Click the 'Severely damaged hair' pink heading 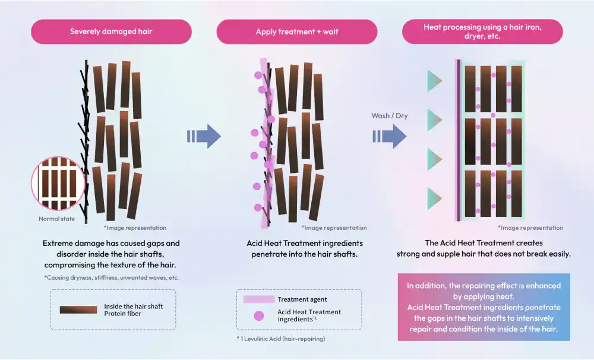click(x=111, y=31)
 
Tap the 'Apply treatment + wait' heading click(x=297, y=31)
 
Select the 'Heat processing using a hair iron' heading click(x=482, y=31)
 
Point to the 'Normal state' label click(x=57, y=219)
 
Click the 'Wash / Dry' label click(x=390, y=115)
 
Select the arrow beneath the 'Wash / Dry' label click(x=390, y=136)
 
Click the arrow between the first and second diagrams click(x=204, y=136)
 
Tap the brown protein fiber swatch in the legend click(x=78, y=310)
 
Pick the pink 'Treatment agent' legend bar click(x=259, y=299)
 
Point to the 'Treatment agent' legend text click(x=302, y=299)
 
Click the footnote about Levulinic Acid click(x=281, y=339)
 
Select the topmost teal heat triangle click(x=435, y=81)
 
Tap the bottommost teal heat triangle click(x=435, y=198)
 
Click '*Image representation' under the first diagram click(x=135, y=228)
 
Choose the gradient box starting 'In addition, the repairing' click(x=484, y=307)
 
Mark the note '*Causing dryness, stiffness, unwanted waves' click(x=111, y=277)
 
